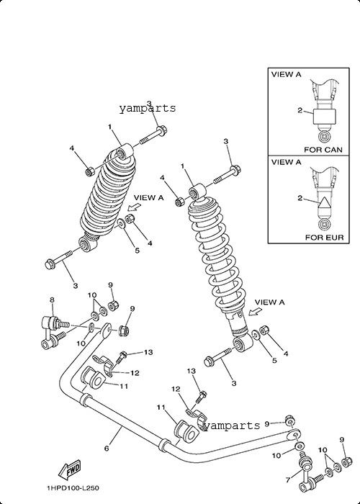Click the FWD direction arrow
coord(69,470)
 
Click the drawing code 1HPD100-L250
coord(73,488)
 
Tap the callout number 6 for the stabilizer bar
coord(107,448)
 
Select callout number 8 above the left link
coord(52,300)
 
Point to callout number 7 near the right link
coord(288,480)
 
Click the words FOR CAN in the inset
coord(323,150)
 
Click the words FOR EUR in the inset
coord(324,238)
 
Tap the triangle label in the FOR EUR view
coord(324,204)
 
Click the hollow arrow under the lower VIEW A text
coord(255,311)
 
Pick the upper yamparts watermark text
coord(148,108)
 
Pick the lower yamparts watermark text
coord(232,426)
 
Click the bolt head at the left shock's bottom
coord(50,264)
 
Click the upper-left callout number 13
coord(148,352)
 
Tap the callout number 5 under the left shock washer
coord(137,251)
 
